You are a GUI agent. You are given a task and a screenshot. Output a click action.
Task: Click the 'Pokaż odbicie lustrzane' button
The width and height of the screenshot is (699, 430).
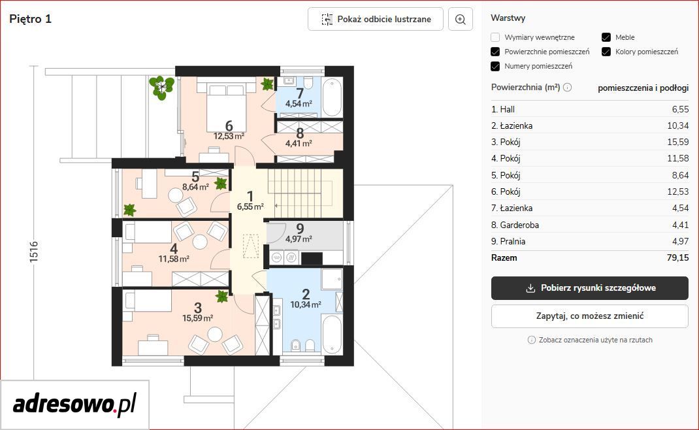tap(376, 19)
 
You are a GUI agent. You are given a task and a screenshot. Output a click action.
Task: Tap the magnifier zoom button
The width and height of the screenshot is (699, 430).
tap(460, 19)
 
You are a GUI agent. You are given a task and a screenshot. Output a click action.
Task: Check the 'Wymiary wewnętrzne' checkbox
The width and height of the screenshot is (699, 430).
tap(495, 37)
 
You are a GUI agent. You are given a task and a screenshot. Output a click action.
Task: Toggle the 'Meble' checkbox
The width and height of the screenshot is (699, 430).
tap(606, 37)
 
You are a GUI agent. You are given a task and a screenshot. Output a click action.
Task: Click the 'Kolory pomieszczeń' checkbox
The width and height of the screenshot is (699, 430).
tap(606, 52)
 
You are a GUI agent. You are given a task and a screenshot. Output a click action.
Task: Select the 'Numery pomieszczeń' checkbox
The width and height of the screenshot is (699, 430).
tap(495, 66)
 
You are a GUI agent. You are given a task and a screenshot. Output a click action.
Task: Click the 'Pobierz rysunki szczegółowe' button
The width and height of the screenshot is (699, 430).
tap(590, 288)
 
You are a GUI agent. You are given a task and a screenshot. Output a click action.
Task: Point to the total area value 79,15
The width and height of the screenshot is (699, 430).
tap(677, 258)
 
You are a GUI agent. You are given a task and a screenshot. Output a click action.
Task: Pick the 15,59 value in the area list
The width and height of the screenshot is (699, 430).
tap(677, 142)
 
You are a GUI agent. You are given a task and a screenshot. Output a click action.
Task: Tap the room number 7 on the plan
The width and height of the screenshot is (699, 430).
tap(300, 93)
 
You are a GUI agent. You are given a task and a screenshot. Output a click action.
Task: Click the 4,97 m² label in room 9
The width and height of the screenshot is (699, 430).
tap(299, 239)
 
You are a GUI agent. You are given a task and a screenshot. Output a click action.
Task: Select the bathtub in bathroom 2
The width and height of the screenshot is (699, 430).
tap(332, 334)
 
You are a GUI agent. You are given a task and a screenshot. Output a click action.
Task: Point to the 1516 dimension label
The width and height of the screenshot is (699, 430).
tap(34, 252)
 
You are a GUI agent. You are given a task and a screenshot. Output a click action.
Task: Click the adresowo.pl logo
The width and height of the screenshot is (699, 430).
tap(74, 405)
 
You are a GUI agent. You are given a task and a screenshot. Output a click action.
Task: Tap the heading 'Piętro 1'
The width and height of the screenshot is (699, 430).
tap(30, 19)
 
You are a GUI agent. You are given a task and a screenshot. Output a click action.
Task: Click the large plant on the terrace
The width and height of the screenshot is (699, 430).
tap(161, 88)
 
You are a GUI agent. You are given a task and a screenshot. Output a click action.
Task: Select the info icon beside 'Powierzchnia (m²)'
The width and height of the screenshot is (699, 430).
tap(568, 88)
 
